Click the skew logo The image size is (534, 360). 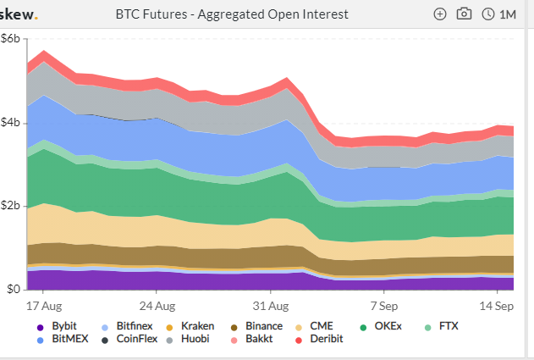tap(20, 14)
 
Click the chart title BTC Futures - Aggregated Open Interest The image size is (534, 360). tap(231, 14)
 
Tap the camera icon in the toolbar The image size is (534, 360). tap(463, 14)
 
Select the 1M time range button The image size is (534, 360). tap(498, 14)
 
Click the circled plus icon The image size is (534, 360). tap(439, 14)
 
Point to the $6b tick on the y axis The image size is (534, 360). tap(11, 39)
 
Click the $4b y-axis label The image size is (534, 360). tap(11, 123)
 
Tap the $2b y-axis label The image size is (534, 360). tap(11, 206)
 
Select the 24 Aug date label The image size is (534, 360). tap(157, 305)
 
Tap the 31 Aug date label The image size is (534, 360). tap(273, 305)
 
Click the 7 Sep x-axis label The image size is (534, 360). tap(383, 305)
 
